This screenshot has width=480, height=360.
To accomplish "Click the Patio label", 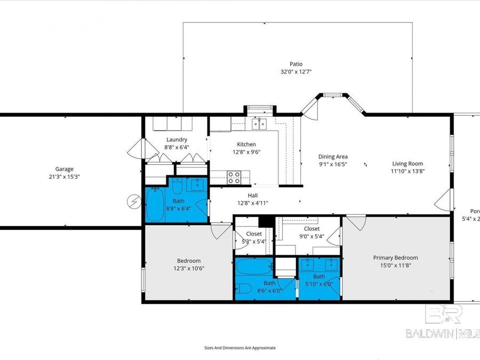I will [x=296, y=64].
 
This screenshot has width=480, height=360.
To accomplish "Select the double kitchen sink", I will [x=259, y=124].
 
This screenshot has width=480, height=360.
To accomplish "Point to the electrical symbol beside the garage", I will [x=132, y=201].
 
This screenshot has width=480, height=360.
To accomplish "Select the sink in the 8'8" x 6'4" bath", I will [x=196, y=185].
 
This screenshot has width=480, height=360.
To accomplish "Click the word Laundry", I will [x=177, y=140].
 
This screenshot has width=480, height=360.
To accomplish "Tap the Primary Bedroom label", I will [x=395, y=258].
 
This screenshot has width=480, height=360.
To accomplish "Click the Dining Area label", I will [x=333, y=156].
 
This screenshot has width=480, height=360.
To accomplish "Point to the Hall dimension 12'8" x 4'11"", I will [x=253, y=203].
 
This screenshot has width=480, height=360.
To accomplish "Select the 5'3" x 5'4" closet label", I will [x=254, y=234].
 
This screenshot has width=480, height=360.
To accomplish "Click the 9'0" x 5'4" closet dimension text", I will [x=312, y=236].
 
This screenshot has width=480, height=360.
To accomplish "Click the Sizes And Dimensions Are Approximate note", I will [x=240, y=348].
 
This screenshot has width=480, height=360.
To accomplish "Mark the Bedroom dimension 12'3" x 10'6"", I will [x=189, y=268].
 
